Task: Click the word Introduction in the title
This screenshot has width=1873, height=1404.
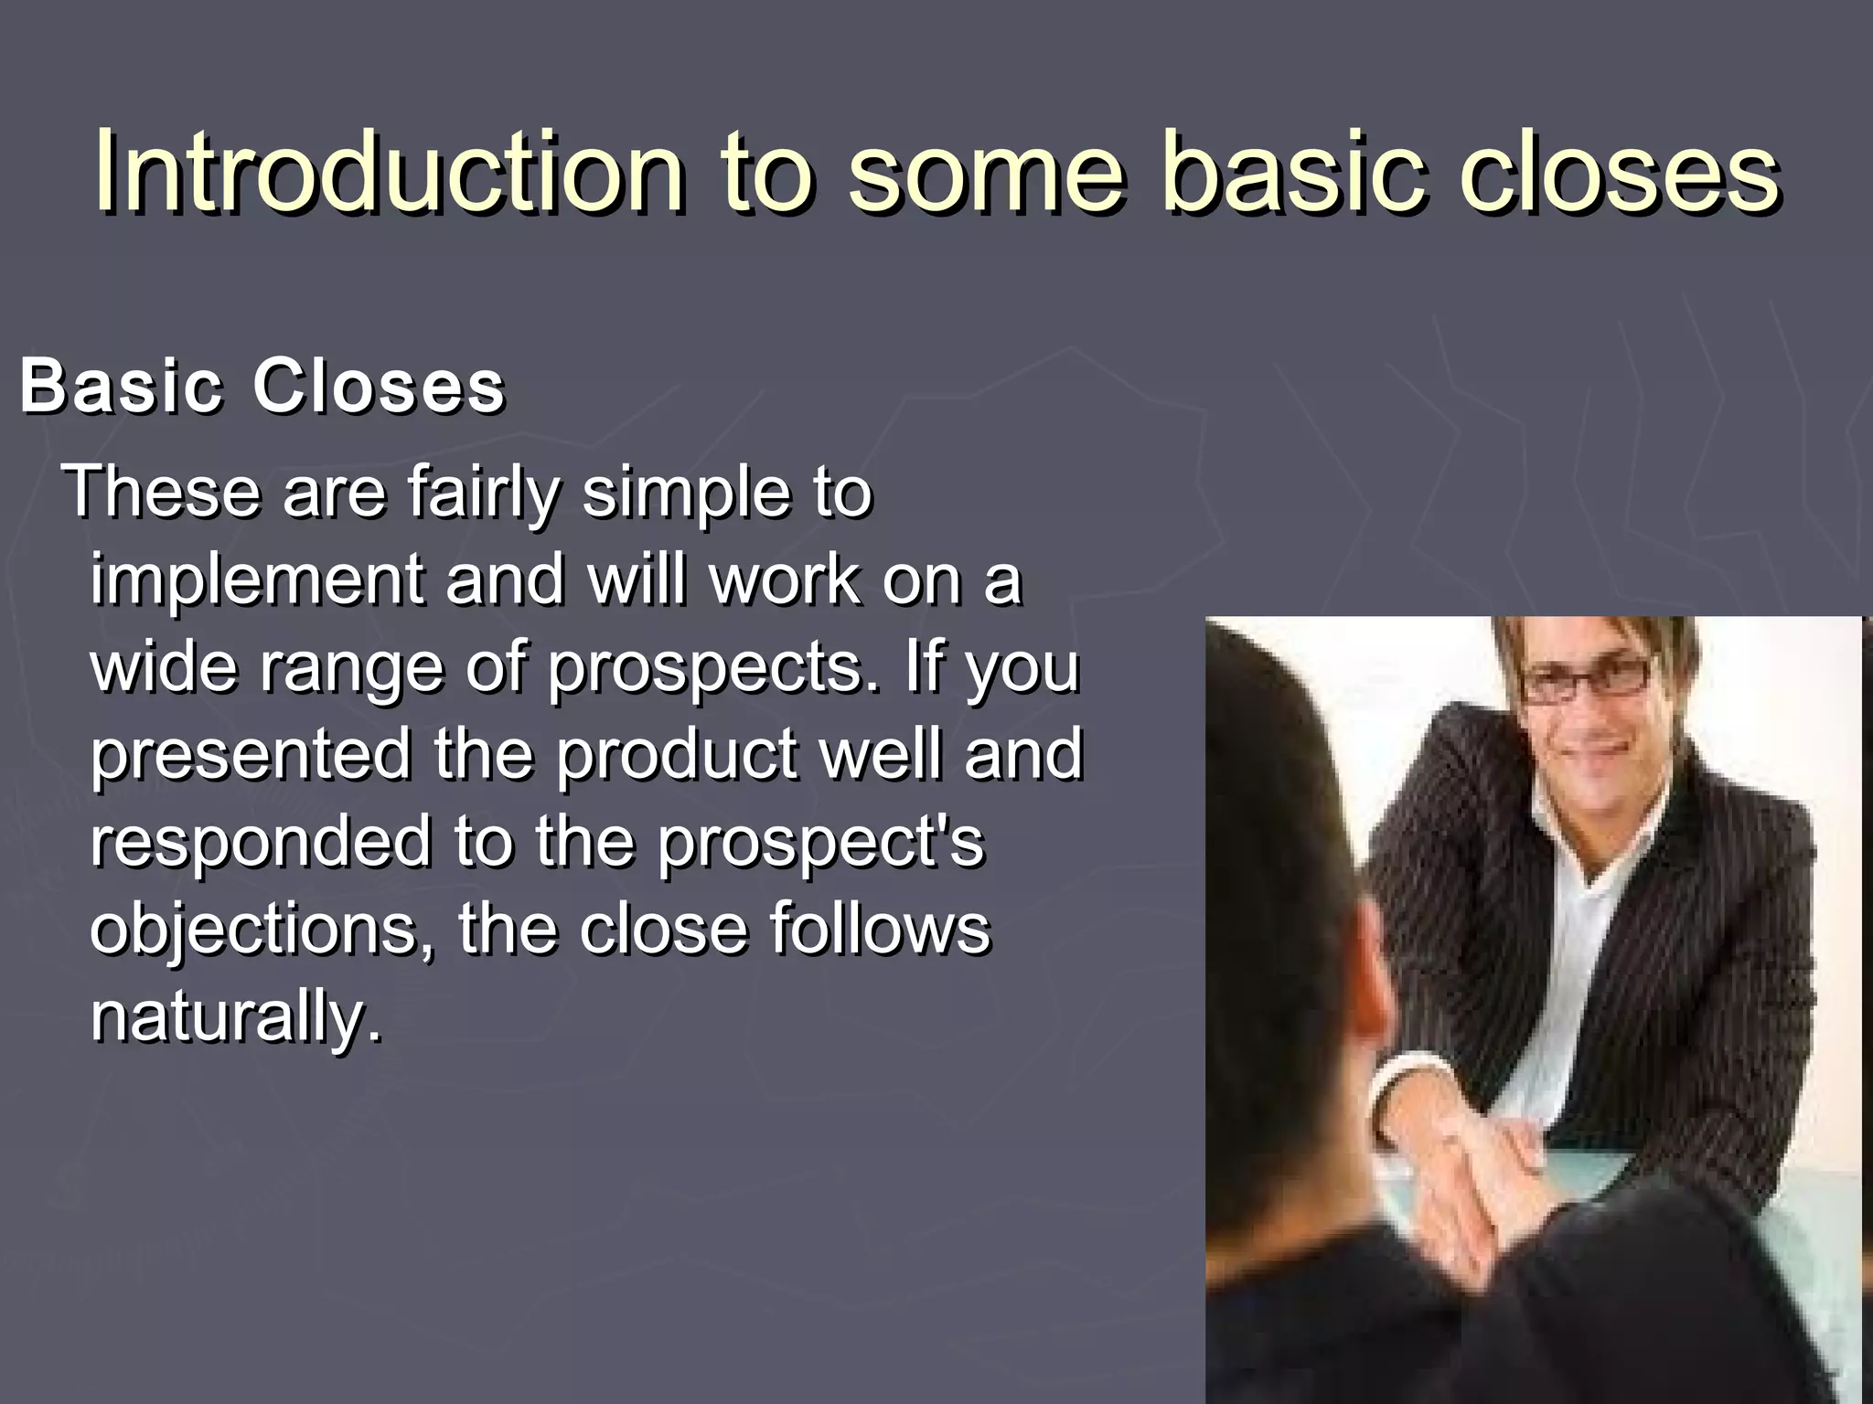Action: (389, 172)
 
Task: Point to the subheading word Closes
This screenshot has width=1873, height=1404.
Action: (378, 386)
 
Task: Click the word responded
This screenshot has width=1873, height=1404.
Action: (261, 842)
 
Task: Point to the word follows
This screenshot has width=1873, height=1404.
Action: (879, 930)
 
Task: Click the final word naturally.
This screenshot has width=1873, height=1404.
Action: (236, 1016)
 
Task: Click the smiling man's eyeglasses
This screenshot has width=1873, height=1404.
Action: (1587, 681)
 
